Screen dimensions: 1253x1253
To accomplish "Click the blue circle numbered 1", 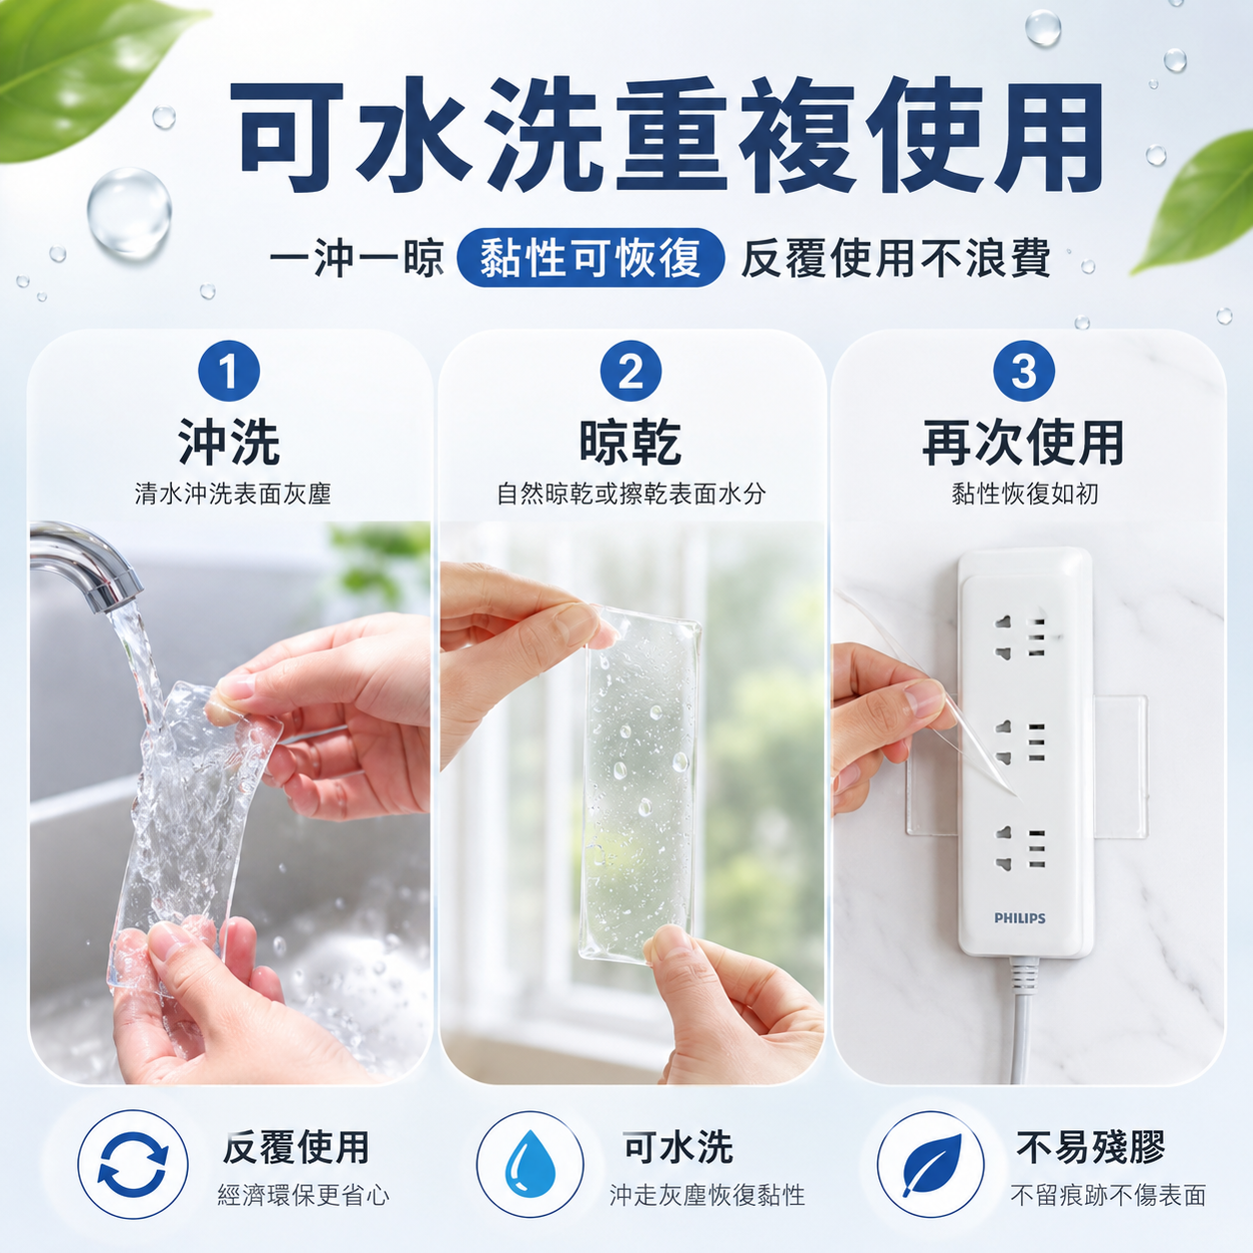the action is coord(228,372).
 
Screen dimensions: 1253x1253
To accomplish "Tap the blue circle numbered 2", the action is coord(630,372).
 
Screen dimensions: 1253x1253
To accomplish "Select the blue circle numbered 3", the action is coord(1024,372).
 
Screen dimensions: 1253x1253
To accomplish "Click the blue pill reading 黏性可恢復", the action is coord(591,258).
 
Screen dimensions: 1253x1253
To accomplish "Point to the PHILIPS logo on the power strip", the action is coord(1019,918).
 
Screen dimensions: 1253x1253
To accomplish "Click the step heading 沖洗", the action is coord(229,443).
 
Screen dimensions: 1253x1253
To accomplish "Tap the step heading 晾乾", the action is coord(630,443).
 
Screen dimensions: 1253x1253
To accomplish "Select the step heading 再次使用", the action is coord(1023,443).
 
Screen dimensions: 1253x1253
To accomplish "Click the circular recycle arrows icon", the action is coord(133,1164).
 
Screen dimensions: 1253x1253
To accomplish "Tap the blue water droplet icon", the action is coord(530,1164).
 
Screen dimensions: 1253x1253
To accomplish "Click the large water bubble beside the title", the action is coord(129,213).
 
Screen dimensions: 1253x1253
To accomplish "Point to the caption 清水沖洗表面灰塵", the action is coord(233,495).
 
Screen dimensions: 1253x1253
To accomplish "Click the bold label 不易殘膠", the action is coord(1090,1147).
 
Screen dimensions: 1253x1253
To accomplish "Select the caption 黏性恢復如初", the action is coord(1025,495).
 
